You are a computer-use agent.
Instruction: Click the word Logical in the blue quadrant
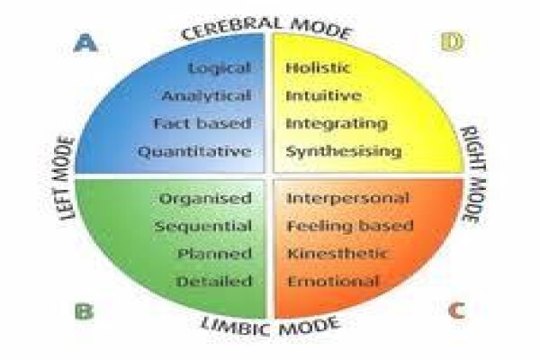[220, 67]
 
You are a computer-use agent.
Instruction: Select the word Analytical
[206, 95]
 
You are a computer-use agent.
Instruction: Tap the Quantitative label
[194, 151]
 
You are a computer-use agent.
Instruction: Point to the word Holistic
[318, 67]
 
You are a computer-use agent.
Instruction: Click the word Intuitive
[323, 95]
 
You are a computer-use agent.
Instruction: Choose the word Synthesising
[344, 151]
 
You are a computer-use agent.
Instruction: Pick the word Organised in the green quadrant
[205, 198]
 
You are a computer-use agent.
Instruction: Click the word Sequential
[203, 226]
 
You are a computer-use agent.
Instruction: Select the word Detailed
[214, 282]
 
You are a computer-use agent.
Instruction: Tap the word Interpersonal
[347, 198]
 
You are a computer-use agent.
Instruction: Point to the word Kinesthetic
[337, 254]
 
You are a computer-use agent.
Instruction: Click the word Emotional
[333, 282]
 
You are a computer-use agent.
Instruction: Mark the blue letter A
[85, 42]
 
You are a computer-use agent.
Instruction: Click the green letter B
[85, 311]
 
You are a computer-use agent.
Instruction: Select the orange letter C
[457, 310]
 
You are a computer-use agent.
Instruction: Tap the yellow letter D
[452, 42]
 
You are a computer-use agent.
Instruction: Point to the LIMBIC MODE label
[270, 326]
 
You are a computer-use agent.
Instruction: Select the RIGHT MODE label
[473, 175]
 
